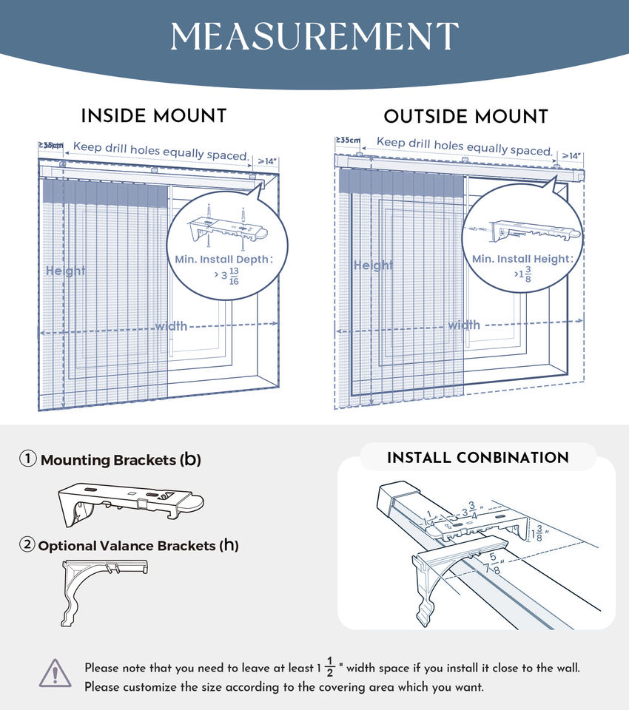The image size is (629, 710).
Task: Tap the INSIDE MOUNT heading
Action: click(x=153, y=116)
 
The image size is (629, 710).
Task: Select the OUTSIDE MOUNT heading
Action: click(x=465, y=117)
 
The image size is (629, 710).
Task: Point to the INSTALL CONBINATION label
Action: click(x=478, y=458)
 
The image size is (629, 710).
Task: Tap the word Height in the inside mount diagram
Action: click(x=66, y=271)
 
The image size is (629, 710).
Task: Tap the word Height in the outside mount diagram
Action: click(x=372, y=265)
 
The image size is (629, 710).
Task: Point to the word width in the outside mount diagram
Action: click(x=464, y=325)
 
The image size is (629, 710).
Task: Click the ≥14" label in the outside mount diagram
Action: click(x=570, y=156)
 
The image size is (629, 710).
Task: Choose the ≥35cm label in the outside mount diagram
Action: click(x=348, y=140)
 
